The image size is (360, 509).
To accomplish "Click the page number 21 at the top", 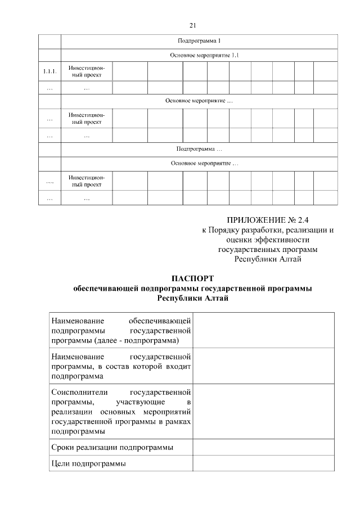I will point(192,25).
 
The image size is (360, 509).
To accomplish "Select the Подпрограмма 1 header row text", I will point(199,41).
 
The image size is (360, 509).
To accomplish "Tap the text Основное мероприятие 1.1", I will point(199,56).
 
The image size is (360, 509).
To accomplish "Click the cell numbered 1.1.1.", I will point(49,71).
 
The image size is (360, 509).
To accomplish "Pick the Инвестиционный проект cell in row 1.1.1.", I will point(87,71).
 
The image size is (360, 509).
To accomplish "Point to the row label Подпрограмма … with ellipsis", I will point(199,149).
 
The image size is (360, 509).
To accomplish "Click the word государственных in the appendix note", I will point(246,249).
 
